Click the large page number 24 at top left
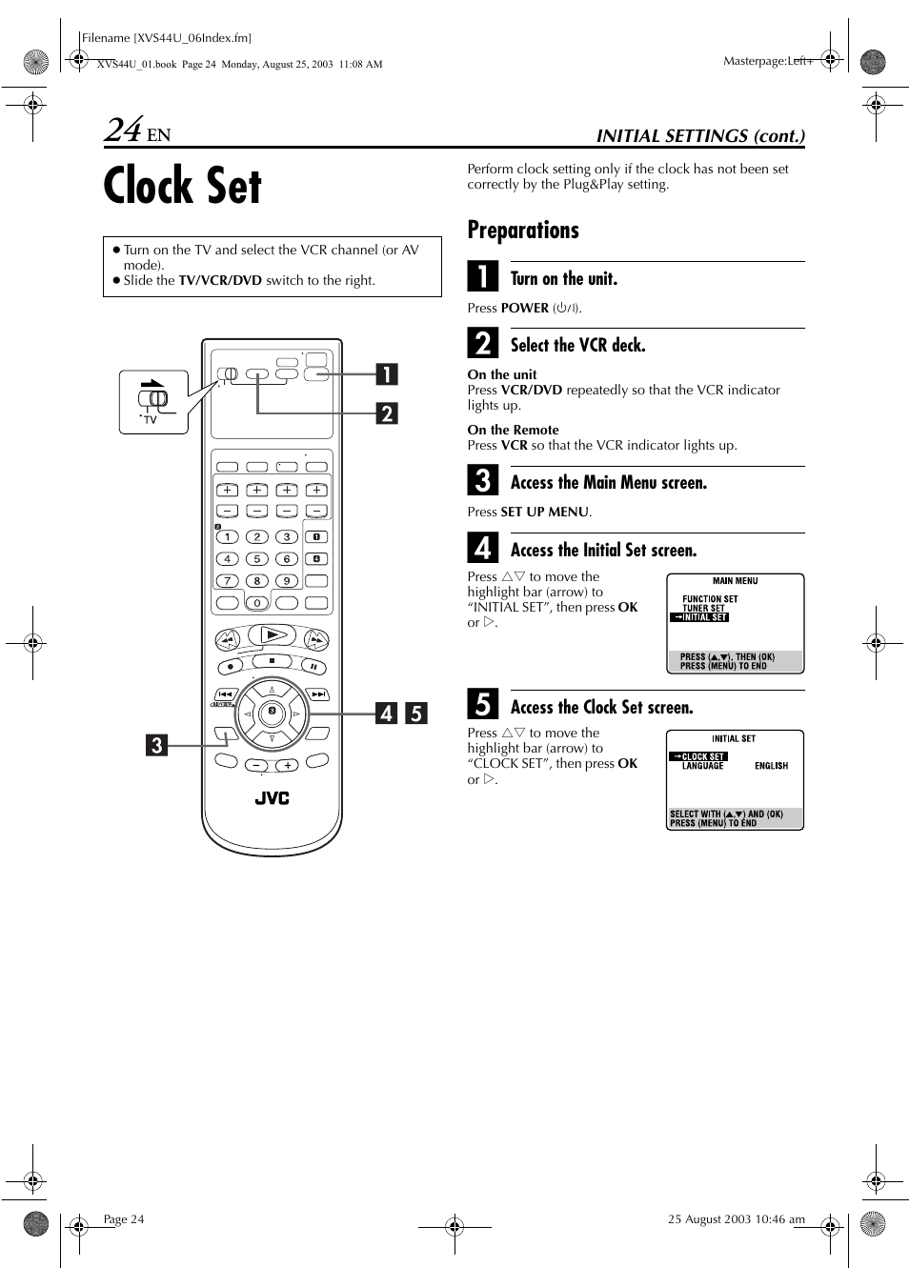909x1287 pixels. pyautogui.click(x=123, y=130)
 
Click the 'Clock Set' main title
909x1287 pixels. pyautogui.click(x=182, y=186)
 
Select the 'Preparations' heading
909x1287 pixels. pyautogui.click(x=522, y=231)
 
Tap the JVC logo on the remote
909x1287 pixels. pyautogui.click(x=272, y=798)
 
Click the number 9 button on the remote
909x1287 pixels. pyautogui.click(x=286, y=580)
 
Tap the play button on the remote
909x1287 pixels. pyautogui.click(x=273, y=634)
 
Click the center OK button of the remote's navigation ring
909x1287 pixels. pyautogui.click(x=272, y=712)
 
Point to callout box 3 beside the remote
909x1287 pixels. pyautogui.click(x=156, y=745)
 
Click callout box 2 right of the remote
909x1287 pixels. pyautogui.click(x=386, y=413)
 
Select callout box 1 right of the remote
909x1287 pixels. pyautogui.click(x=386, y=373)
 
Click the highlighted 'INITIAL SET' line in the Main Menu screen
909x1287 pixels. pyautogui.click(x=700, y=617)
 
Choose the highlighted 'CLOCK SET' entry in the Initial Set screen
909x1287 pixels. pyautogui.click(x=699, y=756)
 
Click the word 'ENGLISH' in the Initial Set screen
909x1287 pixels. pyautogui.click(x=771, y=766)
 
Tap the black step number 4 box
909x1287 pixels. pyautogui.click(x=483, y=548)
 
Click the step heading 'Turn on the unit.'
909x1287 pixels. pyautogui.click(x=563, y=279)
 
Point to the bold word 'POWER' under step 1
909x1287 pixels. pyautogui.click(x=524, y=308)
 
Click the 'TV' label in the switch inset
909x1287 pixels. pyautogui.click(x=150, y=419)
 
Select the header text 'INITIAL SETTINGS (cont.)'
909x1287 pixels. pyautogui.click(x=700, y=135)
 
